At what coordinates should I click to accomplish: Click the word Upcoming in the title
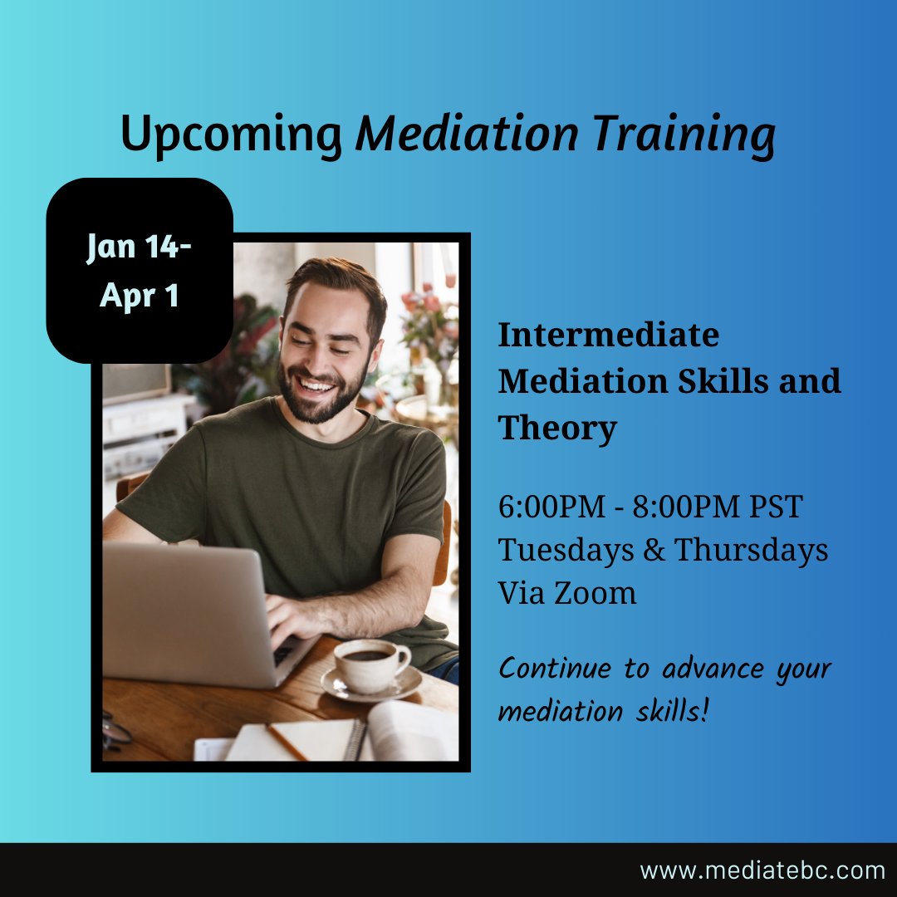point(232,135)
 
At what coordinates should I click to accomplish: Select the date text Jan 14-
point(139,248)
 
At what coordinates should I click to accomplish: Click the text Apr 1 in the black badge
point(140,295)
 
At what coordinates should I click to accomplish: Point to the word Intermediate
point(608,335)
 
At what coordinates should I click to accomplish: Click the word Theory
point(557,429)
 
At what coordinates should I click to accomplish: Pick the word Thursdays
point(751,550)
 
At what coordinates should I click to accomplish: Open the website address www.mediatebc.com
point(762,870)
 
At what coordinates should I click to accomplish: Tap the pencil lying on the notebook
point(287,742)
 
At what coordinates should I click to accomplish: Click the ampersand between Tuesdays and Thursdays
point(654,550)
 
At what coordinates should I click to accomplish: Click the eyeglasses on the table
point(115,731)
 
